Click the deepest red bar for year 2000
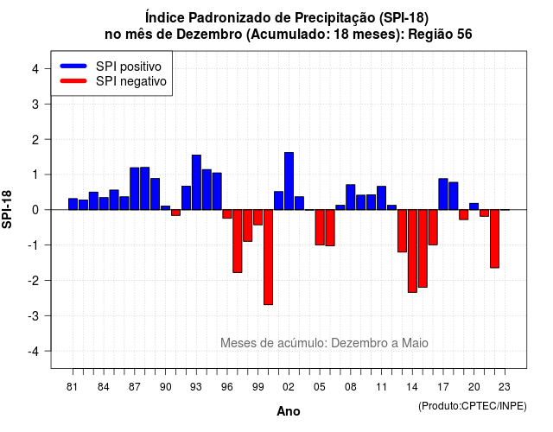pyautogui.click(x=268, y=257)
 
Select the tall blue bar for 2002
pyautogui.click(x=289, y=181)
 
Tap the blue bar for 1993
pyautogui.click(x=196, y=182)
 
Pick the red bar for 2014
pyautogui.click(x=412, y=251)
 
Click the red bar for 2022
pyautogui.click(x=494, y=238)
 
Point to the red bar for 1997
pyautogui.click(x=238, y=241)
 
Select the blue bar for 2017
pyautogui.click(x=443, y=194)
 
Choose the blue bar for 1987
pyautogui.click(x=135, y=188)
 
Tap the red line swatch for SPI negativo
pyautogui.click(x=73, y=81)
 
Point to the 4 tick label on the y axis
pyautogui.click(x=35, y=69)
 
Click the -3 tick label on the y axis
pyautogui.click(x=33, y=316)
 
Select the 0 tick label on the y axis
pyautogui.click(x=35, y=210)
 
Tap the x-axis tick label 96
pyautogui.click(x=227, y=387)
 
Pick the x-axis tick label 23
pyautogui.click(x=505, y=387)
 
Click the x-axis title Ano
pyautogui.click(x=289, y=411)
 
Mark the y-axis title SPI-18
pyautogui.click(x=7, y=209)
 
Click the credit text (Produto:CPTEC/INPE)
pyautogui.click(x=473, y=406)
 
